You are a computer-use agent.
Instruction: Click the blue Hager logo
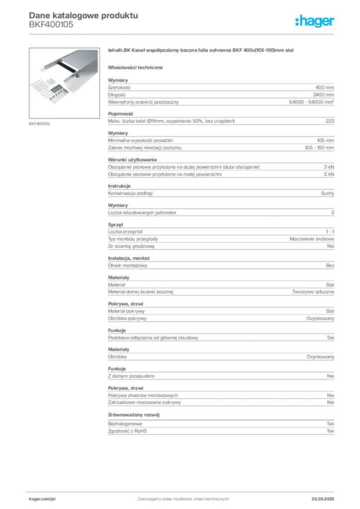click(x=315, y=22)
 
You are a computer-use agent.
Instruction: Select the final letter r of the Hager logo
click(x=333, y=22)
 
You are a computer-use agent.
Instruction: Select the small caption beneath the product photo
click(x=40, y=123)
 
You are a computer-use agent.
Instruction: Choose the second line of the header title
click(x=52, y=28)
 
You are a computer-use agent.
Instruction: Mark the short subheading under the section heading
click(x=137, y=67)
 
